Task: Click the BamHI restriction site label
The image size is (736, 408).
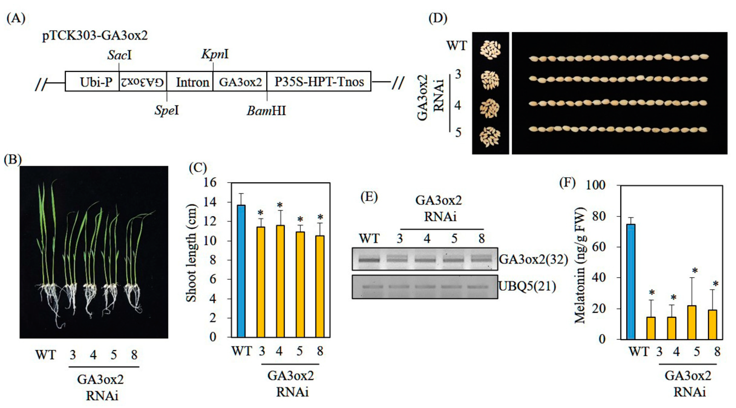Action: click(266, 110)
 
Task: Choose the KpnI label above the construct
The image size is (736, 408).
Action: click(215, 54)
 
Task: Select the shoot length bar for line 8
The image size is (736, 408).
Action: click(320, 286)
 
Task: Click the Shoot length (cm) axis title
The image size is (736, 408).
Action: click(191, 253)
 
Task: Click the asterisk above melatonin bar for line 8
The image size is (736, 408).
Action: click(716, 284)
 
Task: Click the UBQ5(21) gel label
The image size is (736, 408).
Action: click(527, 286)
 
